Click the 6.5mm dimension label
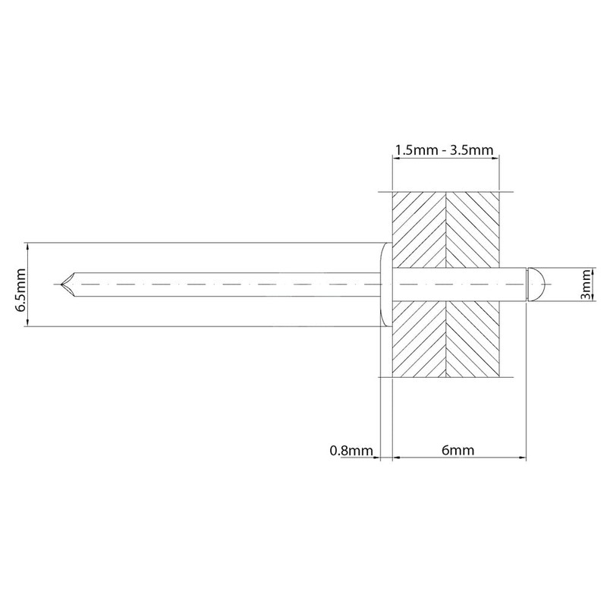point(20,285)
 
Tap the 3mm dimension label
point(587,285)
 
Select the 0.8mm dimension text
point(351,451)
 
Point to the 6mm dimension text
point(458,450)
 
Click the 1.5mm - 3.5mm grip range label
point(445,149)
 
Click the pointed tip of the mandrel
point(61,285)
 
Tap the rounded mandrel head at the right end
point(536,285)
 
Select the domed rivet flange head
point(386,285)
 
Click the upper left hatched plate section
point(420,230)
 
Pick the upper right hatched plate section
point(473,230)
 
